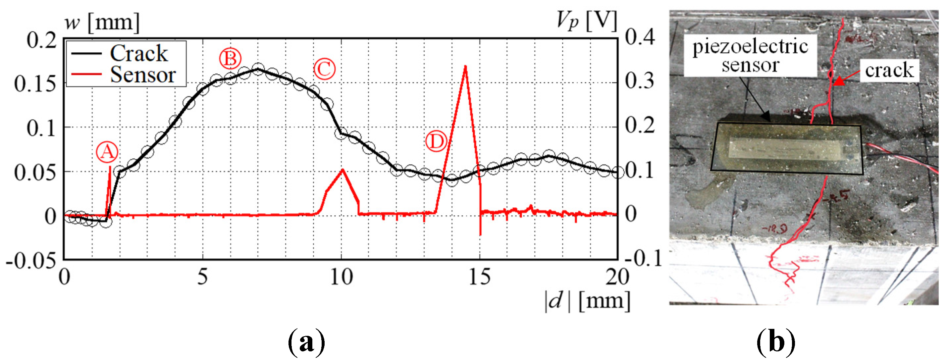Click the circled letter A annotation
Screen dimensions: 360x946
107,152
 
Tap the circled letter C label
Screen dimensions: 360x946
324,69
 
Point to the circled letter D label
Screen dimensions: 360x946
436,141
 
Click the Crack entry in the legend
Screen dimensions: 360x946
139,53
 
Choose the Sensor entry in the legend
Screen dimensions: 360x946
143,75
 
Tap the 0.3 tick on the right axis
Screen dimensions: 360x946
639,81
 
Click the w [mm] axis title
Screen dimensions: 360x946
102,23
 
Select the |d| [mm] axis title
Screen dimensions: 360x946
587,301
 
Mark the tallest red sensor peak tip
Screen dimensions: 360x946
465,67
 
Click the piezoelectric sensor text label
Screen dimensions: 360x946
750,56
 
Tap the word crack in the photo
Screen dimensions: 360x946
889,70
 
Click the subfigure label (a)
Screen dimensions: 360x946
306,342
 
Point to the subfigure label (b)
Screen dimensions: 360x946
776,342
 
